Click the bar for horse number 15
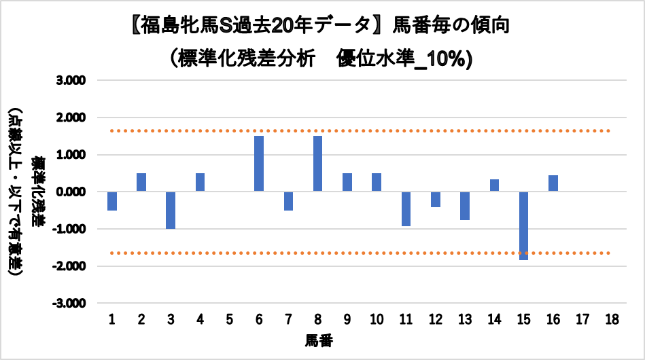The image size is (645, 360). click(523, 226)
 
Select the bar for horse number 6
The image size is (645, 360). click(259, 164)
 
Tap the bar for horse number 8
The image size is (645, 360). click(317, 164)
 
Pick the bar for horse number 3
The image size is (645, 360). click(171, 210)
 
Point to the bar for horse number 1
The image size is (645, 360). click(112, 201)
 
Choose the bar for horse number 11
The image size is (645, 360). click(406, 209)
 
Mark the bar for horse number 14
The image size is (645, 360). click(494, 185)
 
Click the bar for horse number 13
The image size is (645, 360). click(465, 206)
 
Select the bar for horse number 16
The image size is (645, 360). click(553, 183)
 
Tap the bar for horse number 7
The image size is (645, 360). click(288, 201)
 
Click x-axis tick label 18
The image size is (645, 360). click(611, 319)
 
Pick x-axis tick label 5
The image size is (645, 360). click(230, 319)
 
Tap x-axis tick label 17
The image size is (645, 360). click(582, 319)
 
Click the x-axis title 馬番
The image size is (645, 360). click(318, 339)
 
